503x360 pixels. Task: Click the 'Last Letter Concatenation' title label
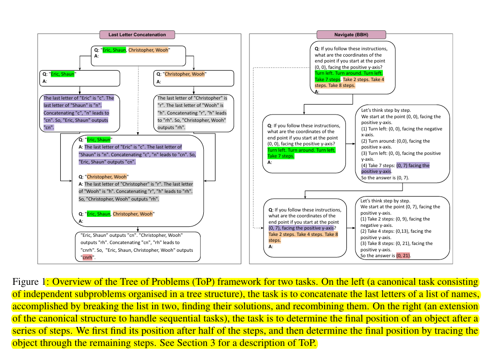[x=137, y=34]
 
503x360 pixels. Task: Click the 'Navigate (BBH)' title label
[x=351, y=34]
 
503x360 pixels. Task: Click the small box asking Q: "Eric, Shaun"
[x=80, y=78]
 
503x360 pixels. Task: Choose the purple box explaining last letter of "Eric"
[x=80, y=113]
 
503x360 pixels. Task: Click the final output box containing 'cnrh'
[x=138, y=247]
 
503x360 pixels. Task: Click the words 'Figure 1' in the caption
[x=29, y=282]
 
